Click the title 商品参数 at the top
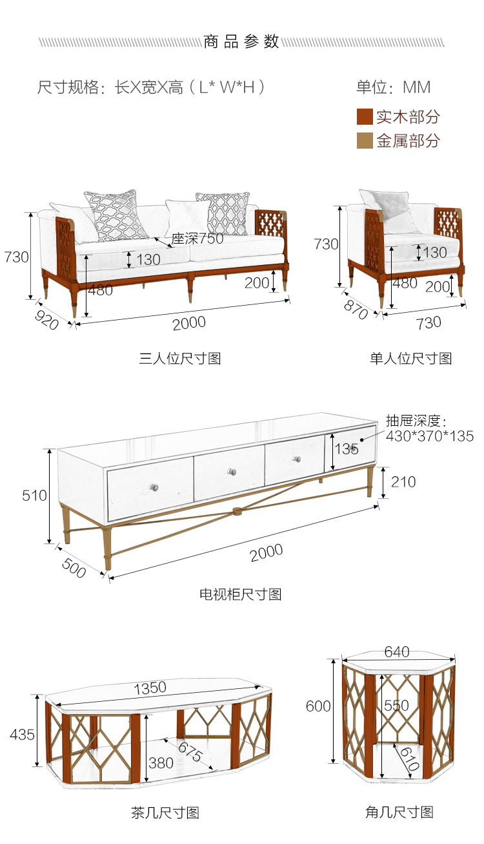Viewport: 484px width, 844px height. click(x=241, y=41)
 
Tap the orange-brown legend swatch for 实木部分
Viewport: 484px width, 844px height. click(x=365, y=116)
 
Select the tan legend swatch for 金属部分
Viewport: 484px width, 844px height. click(x=365, y=140)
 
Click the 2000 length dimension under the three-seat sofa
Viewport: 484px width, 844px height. click(x=189, y=323)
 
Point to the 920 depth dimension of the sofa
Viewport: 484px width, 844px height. click(x=46, y=319)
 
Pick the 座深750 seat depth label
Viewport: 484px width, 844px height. click(x=197, y=238)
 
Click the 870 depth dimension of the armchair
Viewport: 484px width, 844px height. click(x=356, y=310)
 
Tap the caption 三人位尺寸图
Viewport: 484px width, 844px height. click(x=180, y=358)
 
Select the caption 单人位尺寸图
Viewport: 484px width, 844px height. click(x=410, y=358)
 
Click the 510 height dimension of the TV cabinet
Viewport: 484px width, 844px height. click(x=34, y=496)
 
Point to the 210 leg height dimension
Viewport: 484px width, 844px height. click(x=403, y=482)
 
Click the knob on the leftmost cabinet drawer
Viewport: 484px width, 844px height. click(x=154, y=487)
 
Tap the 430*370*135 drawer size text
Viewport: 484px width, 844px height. click(x=430, y=436)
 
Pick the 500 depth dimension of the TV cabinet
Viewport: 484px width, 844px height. click(x=74, y=567)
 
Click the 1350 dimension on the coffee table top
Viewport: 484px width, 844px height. click(x=150, y=688)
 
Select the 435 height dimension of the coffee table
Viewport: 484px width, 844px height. click(x=22, y=734)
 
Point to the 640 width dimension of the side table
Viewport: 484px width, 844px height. click(x=397, y=652)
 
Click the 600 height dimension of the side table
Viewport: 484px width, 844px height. click(x=318, y=706)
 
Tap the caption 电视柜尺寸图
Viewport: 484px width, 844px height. click(x=241, y=594)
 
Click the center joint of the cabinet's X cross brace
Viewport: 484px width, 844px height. click(x=236, y=511)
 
